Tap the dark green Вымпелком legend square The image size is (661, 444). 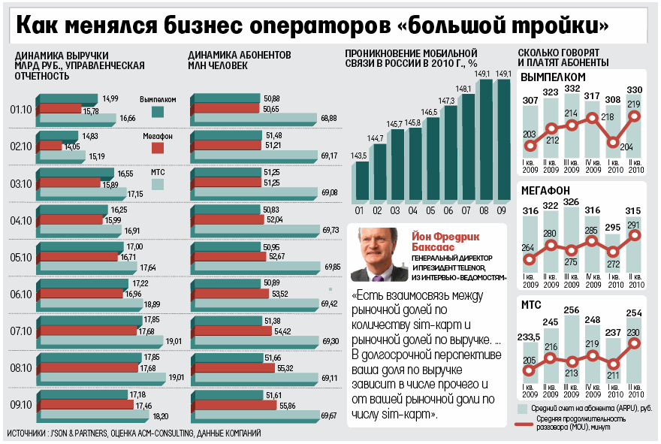158,112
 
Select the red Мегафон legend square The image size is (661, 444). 158,147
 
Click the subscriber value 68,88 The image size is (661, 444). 328,118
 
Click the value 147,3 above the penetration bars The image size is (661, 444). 447,100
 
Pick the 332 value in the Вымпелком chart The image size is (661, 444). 572,89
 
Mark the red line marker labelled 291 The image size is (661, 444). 635,235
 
